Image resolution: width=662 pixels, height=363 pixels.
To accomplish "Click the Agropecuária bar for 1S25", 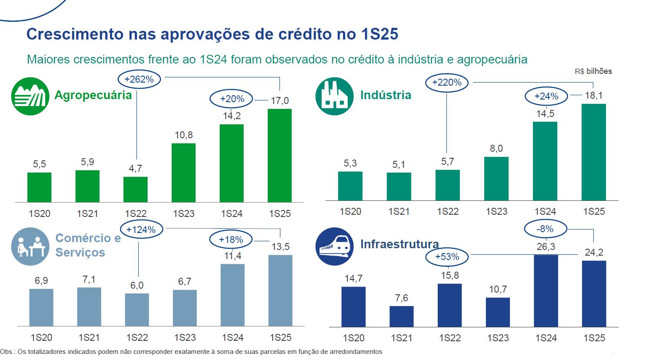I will coord(279,155).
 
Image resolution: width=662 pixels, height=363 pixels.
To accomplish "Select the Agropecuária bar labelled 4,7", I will coord(135,189).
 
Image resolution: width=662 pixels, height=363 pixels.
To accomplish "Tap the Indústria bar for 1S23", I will coord(496,178).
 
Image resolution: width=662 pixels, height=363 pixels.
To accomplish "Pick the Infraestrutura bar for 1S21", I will coord(401,316).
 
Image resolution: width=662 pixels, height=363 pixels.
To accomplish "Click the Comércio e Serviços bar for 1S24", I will coord(233,295).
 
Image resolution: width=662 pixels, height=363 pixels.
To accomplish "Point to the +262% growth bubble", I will coord(139,80).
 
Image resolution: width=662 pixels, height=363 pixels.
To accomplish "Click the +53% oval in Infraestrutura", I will coord(447,257).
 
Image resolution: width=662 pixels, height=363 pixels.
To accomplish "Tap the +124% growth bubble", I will coord(141,230).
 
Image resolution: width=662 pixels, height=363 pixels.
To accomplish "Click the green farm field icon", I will coord(30,97).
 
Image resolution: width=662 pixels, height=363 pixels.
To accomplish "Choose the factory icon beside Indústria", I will coord(334,97).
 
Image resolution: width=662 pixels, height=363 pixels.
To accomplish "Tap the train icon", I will coord(334,246).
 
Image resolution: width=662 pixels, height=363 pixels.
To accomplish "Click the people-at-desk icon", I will coord(30,246).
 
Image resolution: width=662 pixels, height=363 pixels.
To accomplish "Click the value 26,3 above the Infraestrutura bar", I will coord(546,247).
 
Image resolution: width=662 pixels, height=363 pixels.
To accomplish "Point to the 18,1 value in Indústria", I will coord(594,96).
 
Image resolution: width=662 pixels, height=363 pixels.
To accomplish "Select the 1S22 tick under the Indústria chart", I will coord(448,212).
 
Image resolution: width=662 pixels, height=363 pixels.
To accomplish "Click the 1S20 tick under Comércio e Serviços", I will coord(41,338).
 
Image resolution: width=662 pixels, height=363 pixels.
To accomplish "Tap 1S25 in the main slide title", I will coord(379,34).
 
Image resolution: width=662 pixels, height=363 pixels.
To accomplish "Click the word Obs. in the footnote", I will coord(7,352).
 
